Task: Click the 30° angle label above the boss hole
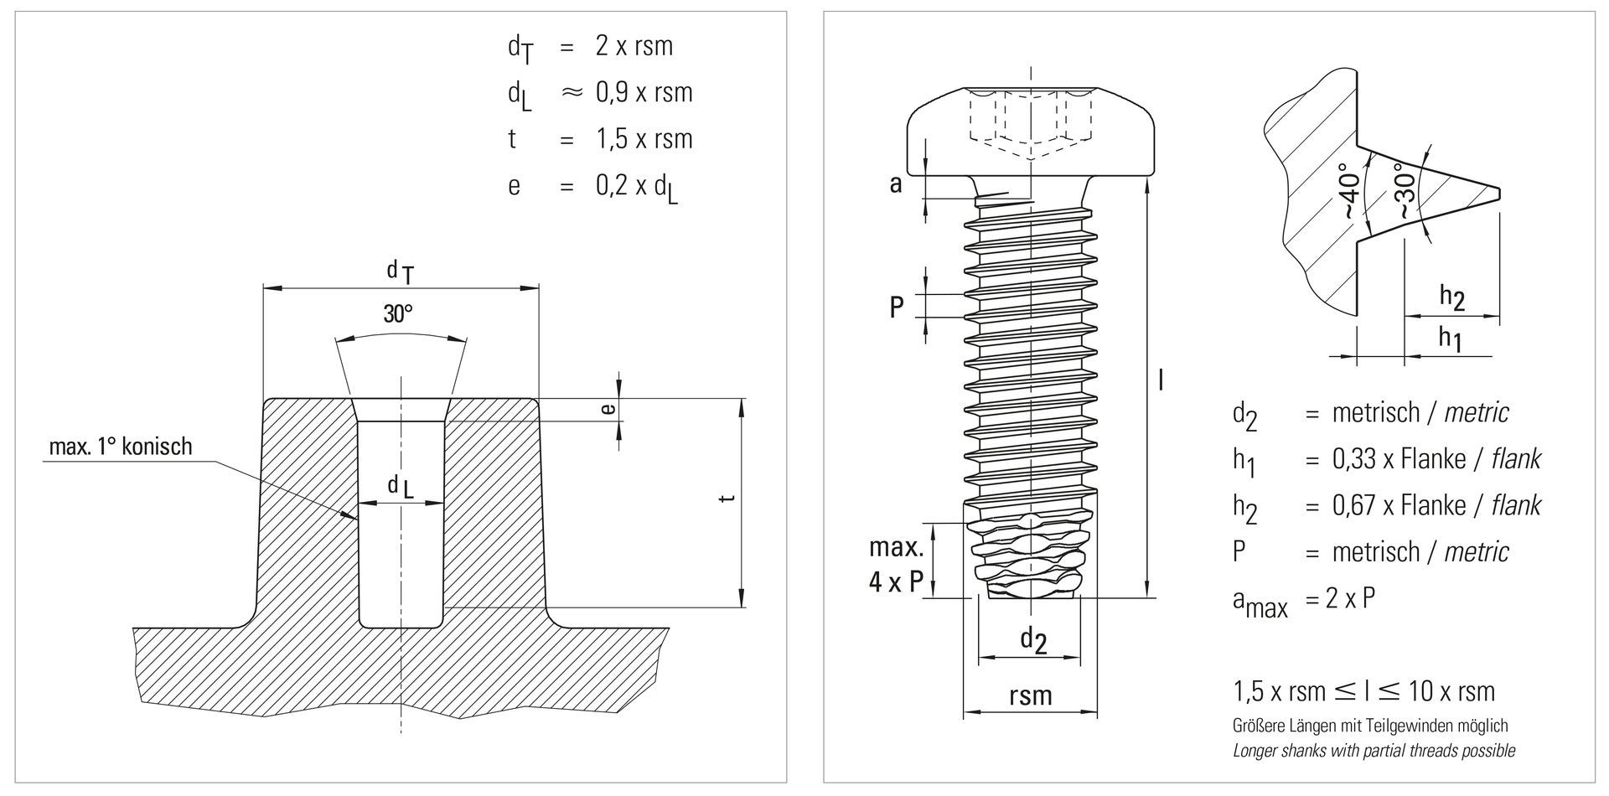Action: tap(398, 315)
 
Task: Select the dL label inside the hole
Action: tap(400, 487)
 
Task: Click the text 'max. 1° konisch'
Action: tap(121, 447)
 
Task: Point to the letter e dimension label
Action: tap(609, 409)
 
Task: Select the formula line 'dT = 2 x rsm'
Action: tap(590, 46)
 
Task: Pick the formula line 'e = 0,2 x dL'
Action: tap(593, 186)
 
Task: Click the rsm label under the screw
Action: tap(1030, 695)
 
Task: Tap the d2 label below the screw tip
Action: tap(1032, 641)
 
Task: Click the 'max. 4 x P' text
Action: tap(896, 566)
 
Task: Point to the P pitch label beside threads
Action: tap(897, 308)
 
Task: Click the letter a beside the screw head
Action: tap(896, 183)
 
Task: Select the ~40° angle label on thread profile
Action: tap(1346, 191)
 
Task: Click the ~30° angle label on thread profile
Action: tap(1405, 194)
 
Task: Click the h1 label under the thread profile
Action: tap(1451, 338)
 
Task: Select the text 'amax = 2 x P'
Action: tap(1303, 601)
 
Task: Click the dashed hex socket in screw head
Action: tap(1030, 118)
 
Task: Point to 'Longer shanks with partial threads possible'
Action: tap(1374, 751)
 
